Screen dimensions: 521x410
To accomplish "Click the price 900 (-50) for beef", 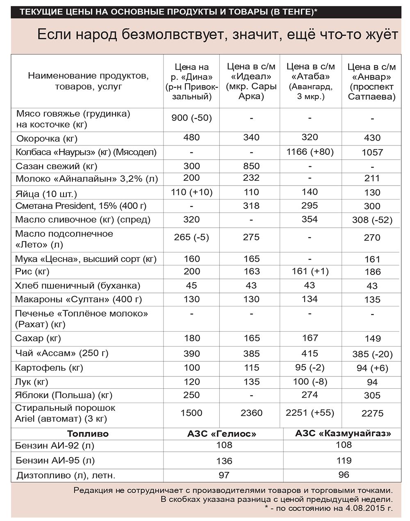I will [191, 118].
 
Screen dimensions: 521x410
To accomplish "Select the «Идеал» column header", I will [251, 82].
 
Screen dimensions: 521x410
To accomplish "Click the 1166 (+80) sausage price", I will [310, 152].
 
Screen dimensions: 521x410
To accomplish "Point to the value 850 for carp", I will [251, 166].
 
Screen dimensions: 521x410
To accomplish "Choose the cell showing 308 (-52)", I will [372, 220].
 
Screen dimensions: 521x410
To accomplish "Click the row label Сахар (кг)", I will [38, 338].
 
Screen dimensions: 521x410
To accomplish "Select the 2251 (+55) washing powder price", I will [310, 412].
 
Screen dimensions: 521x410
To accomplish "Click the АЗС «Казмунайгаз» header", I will [343, 433].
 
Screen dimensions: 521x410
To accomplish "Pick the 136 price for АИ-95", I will [224, 461].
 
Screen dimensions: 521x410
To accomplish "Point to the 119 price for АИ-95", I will [344, 460].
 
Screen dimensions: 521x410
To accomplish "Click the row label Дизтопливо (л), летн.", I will [66, 476].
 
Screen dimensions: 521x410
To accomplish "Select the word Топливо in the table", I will [88, 434].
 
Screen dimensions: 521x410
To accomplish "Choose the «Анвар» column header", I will [371, 82].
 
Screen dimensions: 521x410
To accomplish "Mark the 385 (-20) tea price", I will [372, 354].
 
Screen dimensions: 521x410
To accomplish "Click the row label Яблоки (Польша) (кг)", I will [64, 395].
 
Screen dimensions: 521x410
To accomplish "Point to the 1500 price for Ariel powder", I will [191, 413].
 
